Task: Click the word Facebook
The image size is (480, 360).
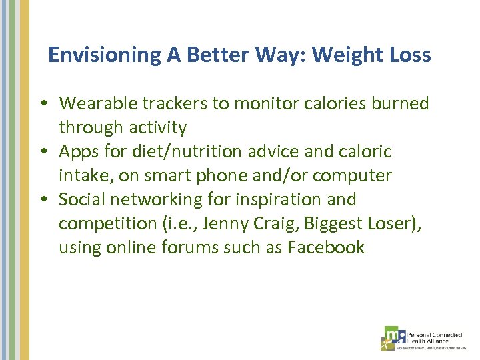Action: click(x=326, y=248)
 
